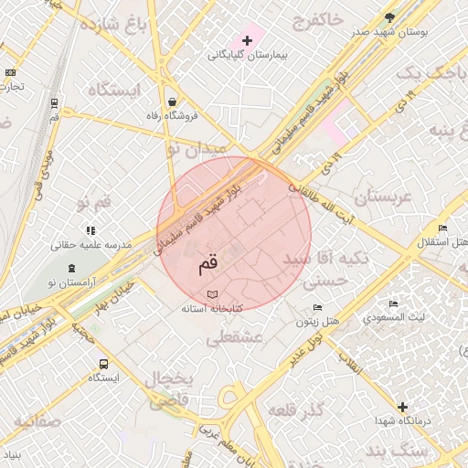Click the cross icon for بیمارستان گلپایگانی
[x=247, y=41]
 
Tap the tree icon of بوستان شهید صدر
[x=390, y=17]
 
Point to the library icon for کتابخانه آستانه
[x=212, y=294]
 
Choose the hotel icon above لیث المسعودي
[x=393, y=303]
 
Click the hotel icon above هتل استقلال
[x=442, y=228]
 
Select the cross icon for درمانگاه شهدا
[x=402, y=406]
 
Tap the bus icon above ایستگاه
[x=102, y=363]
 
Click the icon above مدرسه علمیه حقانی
[x=90, y=231]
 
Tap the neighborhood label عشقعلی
[x=235, y=338]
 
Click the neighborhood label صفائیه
[x=37, y=422]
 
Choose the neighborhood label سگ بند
[x=390, y=452]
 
